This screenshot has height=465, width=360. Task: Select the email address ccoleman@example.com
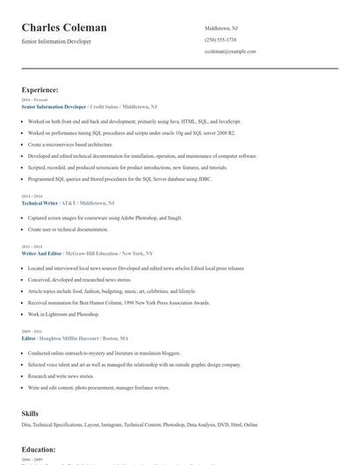[229, 52]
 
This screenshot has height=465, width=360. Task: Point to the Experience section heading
[40, 89]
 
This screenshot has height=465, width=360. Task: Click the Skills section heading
[31, 411]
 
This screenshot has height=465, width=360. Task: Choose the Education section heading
[39, 449]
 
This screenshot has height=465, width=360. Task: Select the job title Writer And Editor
[41, 253]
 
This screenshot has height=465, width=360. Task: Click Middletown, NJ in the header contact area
[221, 28]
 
